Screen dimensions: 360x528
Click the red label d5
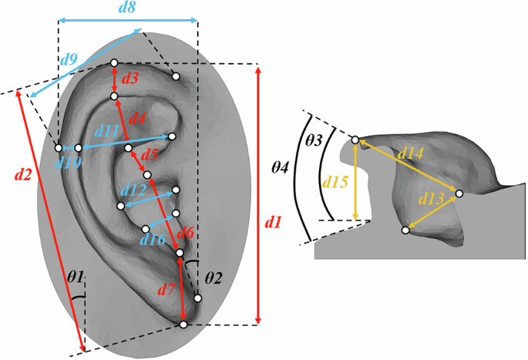150,155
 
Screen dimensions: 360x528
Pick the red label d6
186,231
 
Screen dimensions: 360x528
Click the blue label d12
133,188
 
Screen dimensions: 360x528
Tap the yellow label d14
409,154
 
